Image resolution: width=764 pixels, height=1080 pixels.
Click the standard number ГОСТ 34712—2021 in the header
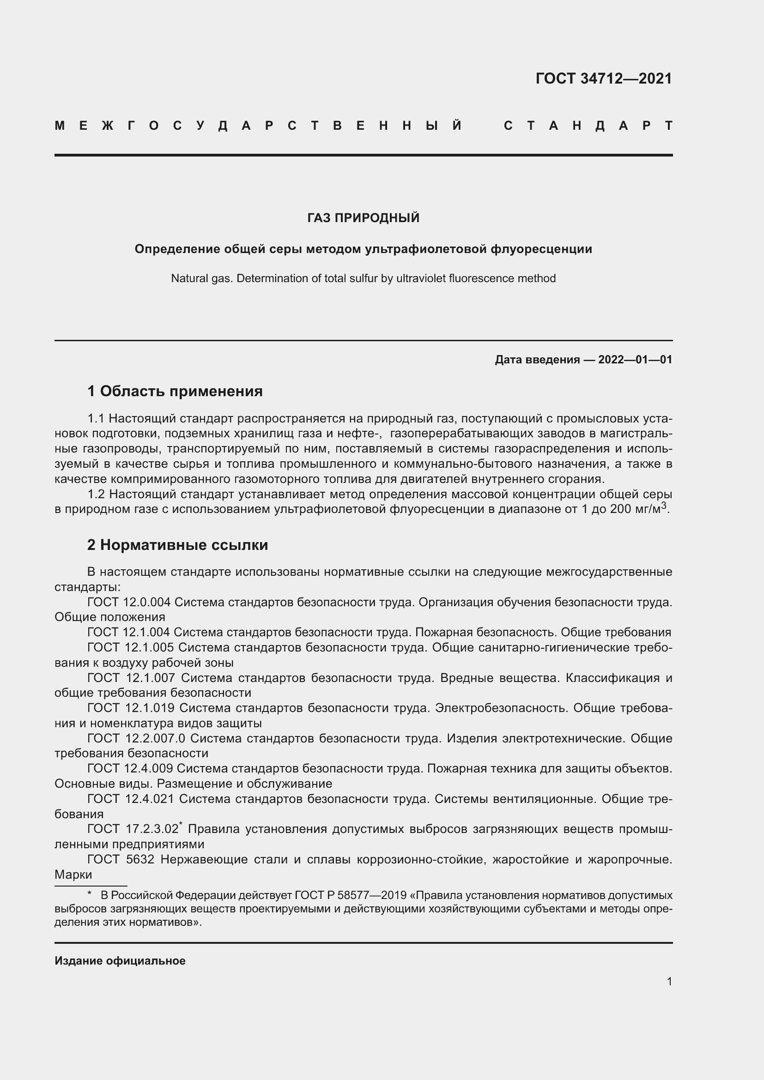pos(604,78)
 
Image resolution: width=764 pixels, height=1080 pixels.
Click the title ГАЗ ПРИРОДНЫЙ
pos(363,218)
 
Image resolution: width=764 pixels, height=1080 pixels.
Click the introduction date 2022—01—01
pos(635,360)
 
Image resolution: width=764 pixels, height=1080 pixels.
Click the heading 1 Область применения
pos(175,391)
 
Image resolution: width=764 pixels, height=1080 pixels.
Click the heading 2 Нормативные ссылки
pos(177,545)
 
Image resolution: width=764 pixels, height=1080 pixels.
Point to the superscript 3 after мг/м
pos(664,506)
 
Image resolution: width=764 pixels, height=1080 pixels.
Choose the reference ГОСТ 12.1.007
pos(131,678)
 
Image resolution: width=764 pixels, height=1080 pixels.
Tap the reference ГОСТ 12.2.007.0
pos(136,738)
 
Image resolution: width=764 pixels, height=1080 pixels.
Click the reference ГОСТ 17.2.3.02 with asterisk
pos(133,829)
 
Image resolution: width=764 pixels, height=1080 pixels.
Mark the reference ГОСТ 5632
pos(121,859)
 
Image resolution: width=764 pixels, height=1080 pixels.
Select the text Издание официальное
pos(120,960)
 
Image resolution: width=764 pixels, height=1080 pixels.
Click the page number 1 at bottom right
pos(669,981)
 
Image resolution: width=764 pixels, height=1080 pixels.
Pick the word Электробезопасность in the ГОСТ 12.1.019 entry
pos(501,708)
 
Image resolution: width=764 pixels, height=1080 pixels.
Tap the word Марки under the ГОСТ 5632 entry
pos(73,875)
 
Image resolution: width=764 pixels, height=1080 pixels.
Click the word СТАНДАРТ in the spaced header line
pos(588,126)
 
